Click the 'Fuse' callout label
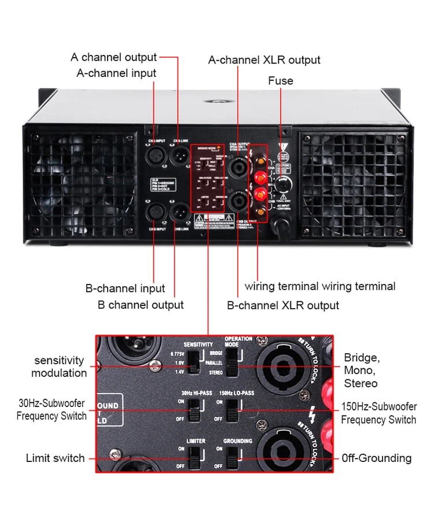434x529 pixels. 280,81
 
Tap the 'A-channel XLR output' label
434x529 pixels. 264,60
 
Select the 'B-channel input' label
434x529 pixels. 125,288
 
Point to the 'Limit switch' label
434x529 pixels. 55,458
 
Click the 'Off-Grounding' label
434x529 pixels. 377,458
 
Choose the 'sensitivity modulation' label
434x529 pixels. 59,367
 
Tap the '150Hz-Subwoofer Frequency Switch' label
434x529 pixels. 378,413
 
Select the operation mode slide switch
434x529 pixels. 232,364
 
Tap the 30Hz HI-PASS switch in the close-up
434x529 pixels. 196,410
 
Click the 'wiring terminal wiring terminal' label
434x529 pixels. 320,286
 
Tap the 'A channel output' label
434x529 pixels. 113,57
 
